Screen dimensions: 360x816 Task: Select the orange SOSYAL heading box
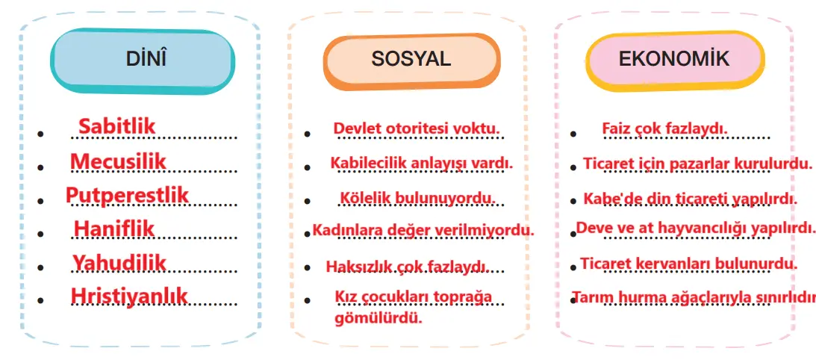click(x=411, y=60)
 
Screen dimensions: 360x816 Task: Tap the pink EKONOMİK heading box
click(x=674, y=60)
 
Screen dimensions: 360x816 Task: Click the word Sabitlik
click(x=117, y=125)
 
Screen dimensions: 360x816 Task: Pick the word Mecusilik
click(x=118, y=161)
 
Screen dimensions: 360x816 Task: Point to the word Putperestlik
click(x=127, y=195)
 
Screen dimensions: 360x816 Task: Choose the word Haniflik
click(x=114, y=229)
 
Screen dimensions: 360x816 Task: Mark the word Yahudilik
click(x=119, y=262)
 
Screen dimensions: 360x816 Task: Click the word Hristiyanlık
click(x=129, y=296)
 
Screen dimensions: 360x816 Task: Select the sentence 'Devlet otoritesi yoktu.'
click(x=417, y=128)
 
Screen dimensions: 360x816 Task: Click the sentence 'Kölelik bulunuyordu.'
click(x=417, y=198)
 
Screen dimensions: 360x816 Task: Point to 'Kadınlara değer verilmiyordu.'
click(x=423, y=230)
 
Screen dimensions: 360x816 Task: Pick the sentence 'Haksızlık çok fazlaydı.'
click(x=407, y=266)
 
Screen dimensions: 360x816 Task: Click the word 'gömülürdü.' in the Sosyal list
click(x=379, y=317)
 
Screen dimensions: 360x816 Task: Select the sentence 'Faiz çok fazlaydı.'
click(x=664, y=128)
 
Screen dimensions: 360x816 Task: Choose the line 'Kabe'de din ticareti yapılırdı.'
click(x=690, y=199)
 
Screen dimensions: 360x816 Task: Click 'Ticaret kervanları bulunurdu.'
click(x=688, y=263)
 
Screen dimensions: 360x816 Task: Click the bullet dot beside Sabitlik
click(x=42, y=134)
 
